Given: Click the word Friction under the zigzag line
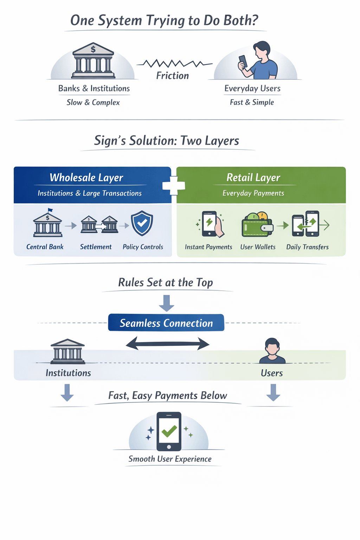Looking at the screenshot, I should point(172,76).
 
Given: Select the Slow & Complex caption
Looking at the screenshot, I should point(93,102).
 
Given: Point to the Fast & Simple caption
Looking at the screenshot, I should point(252,102).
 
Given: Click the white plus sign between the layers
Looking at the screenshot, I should point(174,185).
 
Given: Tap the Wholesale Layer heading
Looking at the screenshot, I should point(86,178).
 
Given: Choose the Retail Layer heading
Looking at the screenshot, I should point(253,178).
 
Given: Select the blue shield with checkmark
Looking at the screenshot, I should point(142,223).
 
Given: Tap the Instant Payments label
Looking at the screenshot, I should point(208,247).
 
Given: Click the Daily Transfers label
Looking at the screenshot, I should point(307,247).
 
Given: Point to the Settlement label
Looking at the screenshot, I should point(96,247).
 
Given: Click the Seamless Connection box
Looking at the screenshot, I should point(166,323).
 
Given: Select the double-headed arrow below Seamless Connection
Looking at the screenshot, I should point(167,343).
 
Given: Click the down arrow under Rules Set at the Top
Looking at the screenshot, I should point(167,303).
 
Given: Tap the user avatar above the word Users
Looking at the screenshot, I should point(272,351).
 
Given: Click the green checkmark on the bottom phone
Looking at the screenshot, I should point(169,431).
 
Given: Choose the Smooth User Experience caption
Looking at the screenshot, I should point(170,459).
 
